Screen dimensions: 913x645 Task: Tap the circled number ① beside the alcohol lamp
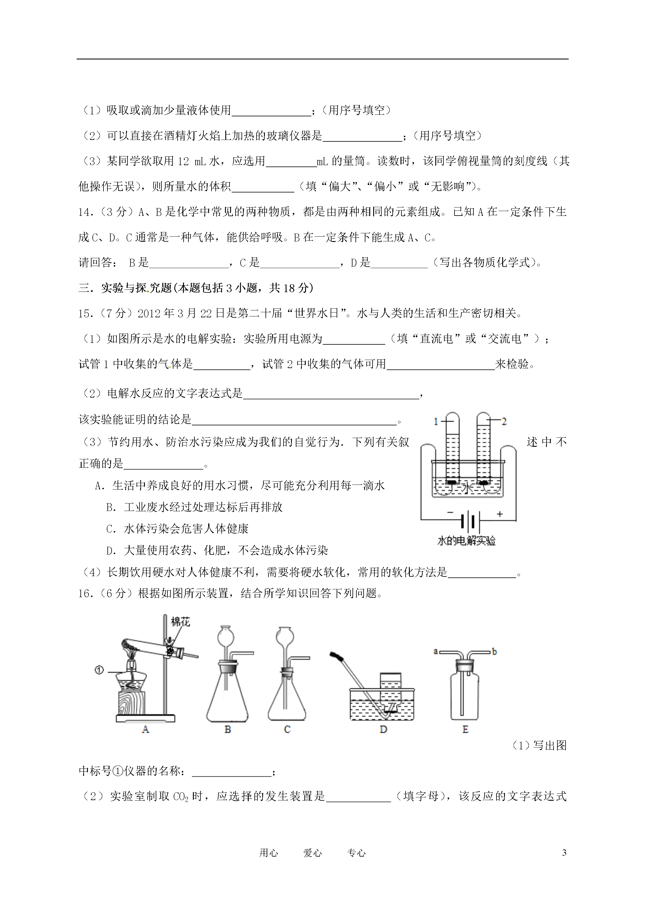point(99,670)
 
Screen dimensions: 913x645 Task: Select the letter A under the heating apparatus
point(145,729)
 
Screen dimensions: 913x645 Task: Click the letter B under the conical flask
point(228,729)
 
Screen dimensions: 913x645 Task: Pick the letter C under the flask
point(287,729)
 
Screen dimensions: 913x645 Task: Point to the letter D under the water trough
point(383,729)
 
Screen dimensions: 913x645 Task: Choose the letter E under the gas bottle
point(465,729)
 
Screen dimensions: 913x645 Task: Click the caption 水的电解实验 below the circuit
point(466,541)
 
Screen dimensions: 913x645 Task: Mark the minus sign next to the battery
point(450,513)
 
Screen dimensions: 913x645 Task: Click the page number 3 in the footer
point(564,853)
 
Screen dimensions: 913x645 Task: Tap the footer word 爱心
point(312,853)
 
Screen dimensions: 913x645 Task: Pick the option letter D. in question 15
point(111,551)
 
